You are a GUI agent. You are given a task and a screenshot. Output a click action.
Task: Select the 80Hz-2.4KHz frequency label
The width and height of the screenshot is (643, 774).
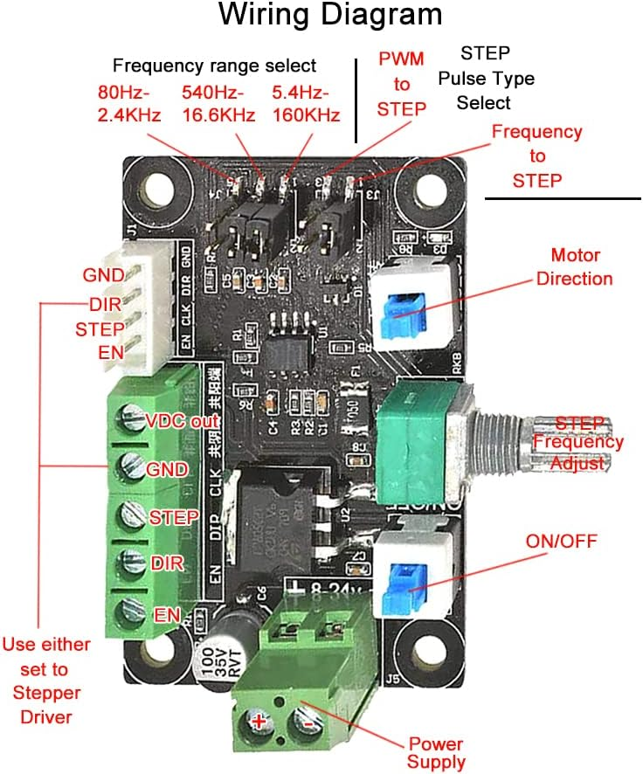128,103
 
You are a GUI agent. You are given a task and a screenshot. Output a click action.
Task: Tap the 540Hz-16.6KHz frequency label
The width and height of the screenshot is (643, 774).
218,103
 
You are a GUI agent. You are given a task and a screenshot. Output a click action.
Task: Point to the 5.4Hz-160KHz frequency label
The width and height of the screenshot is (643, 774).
306,103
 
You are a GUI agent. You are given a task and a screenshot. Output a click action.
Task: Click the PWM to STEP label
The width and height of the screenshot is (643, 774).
402,84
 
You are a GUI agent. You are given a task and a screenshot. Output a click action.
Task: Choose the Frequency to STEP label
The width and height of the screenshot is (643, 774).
536,155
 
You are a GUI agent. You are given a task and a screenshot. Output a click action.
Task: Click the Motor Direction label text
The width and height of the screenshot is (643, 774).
574,267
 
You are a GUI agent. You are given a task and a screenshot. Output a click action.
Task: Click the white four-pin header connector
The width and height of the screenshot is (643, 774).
149,308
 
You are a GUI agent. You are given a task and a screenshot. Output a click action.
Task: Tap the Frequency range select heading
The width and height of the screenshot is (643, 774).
214,66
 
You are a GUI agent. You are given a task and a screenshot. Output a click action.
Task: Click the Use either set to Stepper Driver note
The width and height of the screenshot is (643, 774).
45,681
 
